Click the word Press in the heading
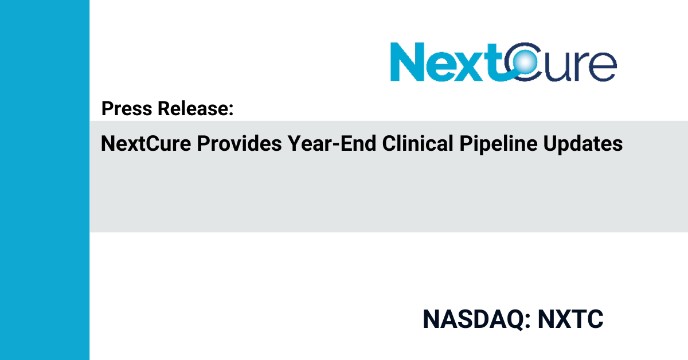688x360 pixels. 127,108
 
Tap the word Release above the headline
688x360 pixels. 193,108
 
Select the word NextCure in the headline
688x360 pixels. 146,143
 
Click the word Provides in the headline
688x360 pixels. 239,143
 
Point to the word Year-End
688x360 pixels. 332,143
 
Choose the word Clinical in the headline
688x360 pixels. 418,143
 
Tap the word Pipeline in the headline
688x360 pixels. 498,144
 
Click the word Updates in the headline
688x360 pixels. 583,144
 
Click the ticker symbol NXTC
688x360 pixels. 570,319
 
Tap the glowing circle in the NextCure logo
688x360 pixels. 525,62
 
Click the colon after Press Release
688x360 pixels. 231,110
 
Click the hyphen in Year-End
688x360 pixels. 336,145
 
